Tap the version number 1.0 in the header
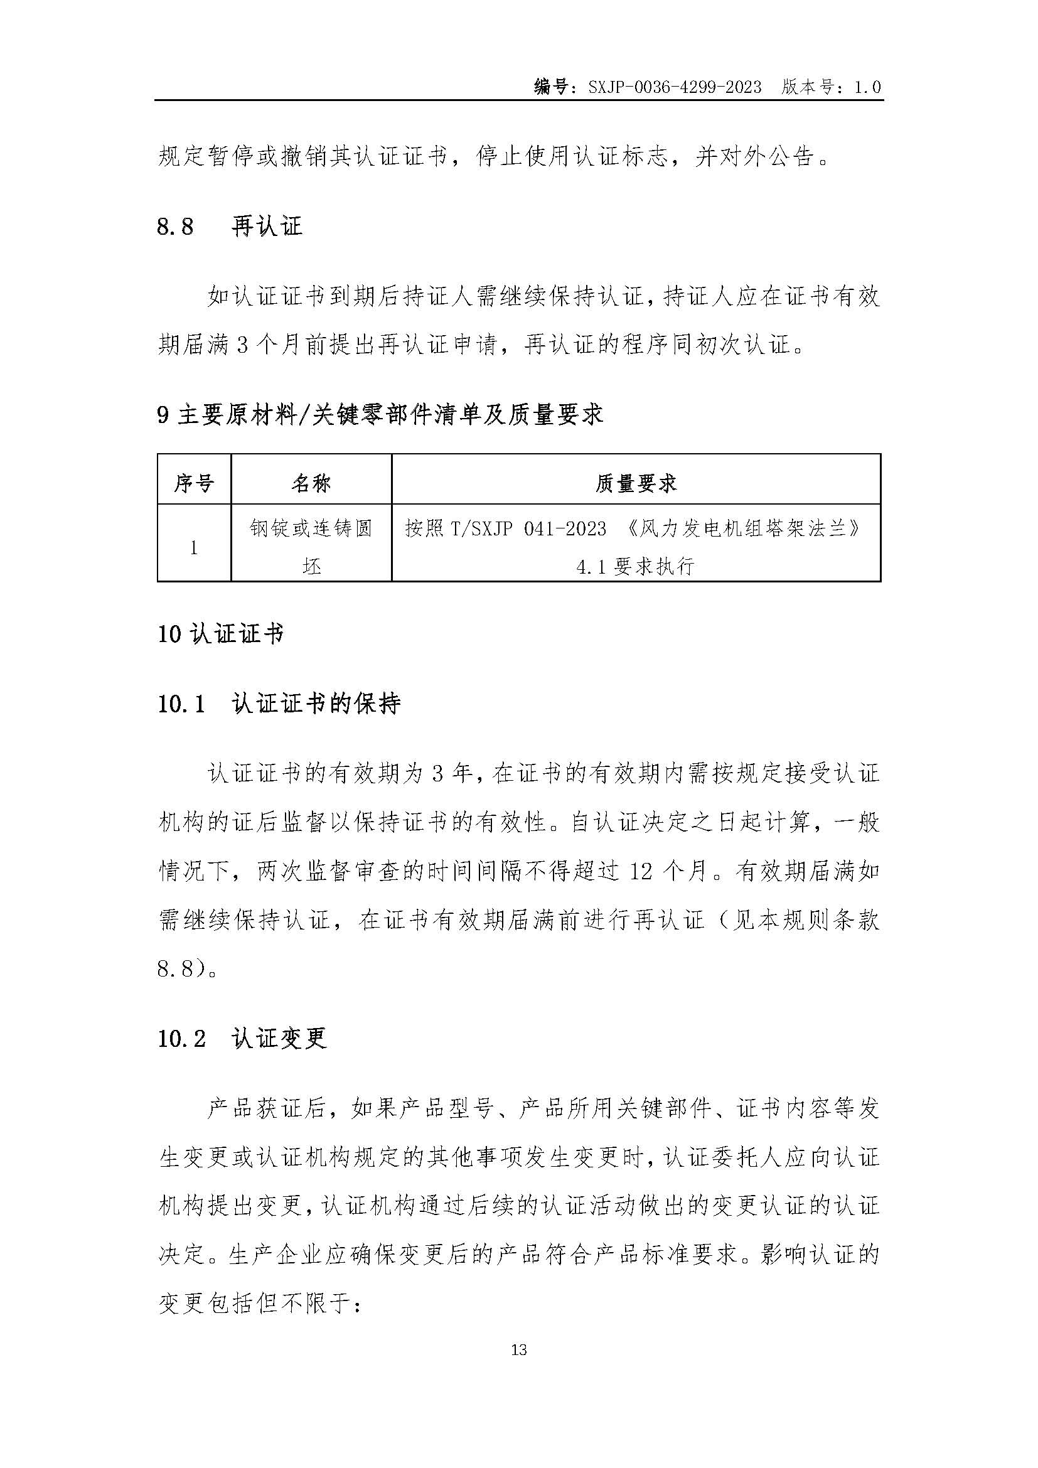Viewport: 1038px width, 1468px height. coord(867,87)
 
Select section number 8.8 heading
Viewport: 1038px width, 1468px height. coord(175,227)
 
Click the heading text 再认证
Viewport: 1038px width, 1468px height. coord(267,227)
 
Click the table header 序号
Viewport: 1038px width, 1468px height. coord(194,483)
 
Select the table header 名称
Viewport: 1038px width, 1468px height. coord(311,483)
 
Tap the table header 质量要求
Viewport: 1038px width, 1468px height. coord(636,483)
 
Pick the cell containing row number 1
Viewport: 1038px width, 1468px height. coord(194,548)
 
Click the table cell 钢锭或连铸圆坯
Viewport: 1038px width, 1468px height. coord(311,547)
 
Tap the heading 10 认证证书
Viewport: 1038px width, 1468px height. coord(220,635)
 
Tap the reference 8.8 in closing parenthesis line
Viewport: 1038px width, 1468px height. coord(175,968)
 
